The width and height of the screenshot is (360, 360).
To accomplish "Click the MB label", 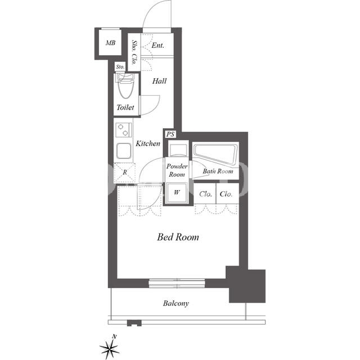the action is click(110, 43).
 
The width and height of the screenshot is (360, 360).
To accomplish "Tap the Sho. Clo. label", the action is click(134, 52).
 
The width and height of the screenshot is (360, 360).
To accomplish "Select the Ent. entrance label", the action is click(157, 45).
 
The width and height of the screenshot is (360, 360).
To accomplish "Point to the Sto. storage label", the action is click(120, 67).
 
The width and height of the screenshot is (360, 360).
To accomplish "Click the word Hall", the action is click(159, 81).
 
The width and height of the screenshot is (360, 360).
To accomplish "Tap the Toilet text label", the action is click(125, 107).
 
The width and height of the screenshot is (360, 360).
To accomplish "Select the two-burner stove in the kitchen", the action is click(124, 130).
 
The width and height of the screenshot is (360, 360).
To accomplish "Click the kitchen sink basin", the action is click(124, 151).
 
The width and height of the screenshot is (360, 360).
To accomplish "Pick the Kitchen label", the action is click(148, 143).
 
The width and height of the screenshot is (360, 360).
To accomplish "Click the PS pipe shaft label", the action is click(170, 134).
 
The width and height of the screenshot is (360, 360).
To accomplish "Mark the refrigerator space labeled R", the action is click(125, 173).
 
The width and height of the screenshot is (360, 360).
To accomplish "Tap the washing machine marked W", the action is click(177, 193).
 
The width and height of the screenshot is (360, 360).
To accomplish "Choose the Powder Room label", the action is click(177, 170).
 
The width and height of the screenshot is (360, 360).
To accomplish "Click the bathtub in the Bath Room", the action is click(215, 154).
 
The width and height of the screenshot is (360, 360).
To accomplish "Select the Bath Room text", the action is click(218, 171).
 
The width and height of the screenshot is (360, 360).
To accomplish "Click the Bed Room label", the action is click(178, 237).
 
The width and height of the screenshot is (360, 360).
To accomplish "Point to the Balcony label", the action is click(176, 304).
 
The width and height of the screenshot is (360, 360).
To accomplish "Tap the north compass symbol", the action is click(110, 348).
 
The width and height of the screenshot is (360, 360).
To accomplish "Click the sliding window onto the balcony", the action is click(177, 283).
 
